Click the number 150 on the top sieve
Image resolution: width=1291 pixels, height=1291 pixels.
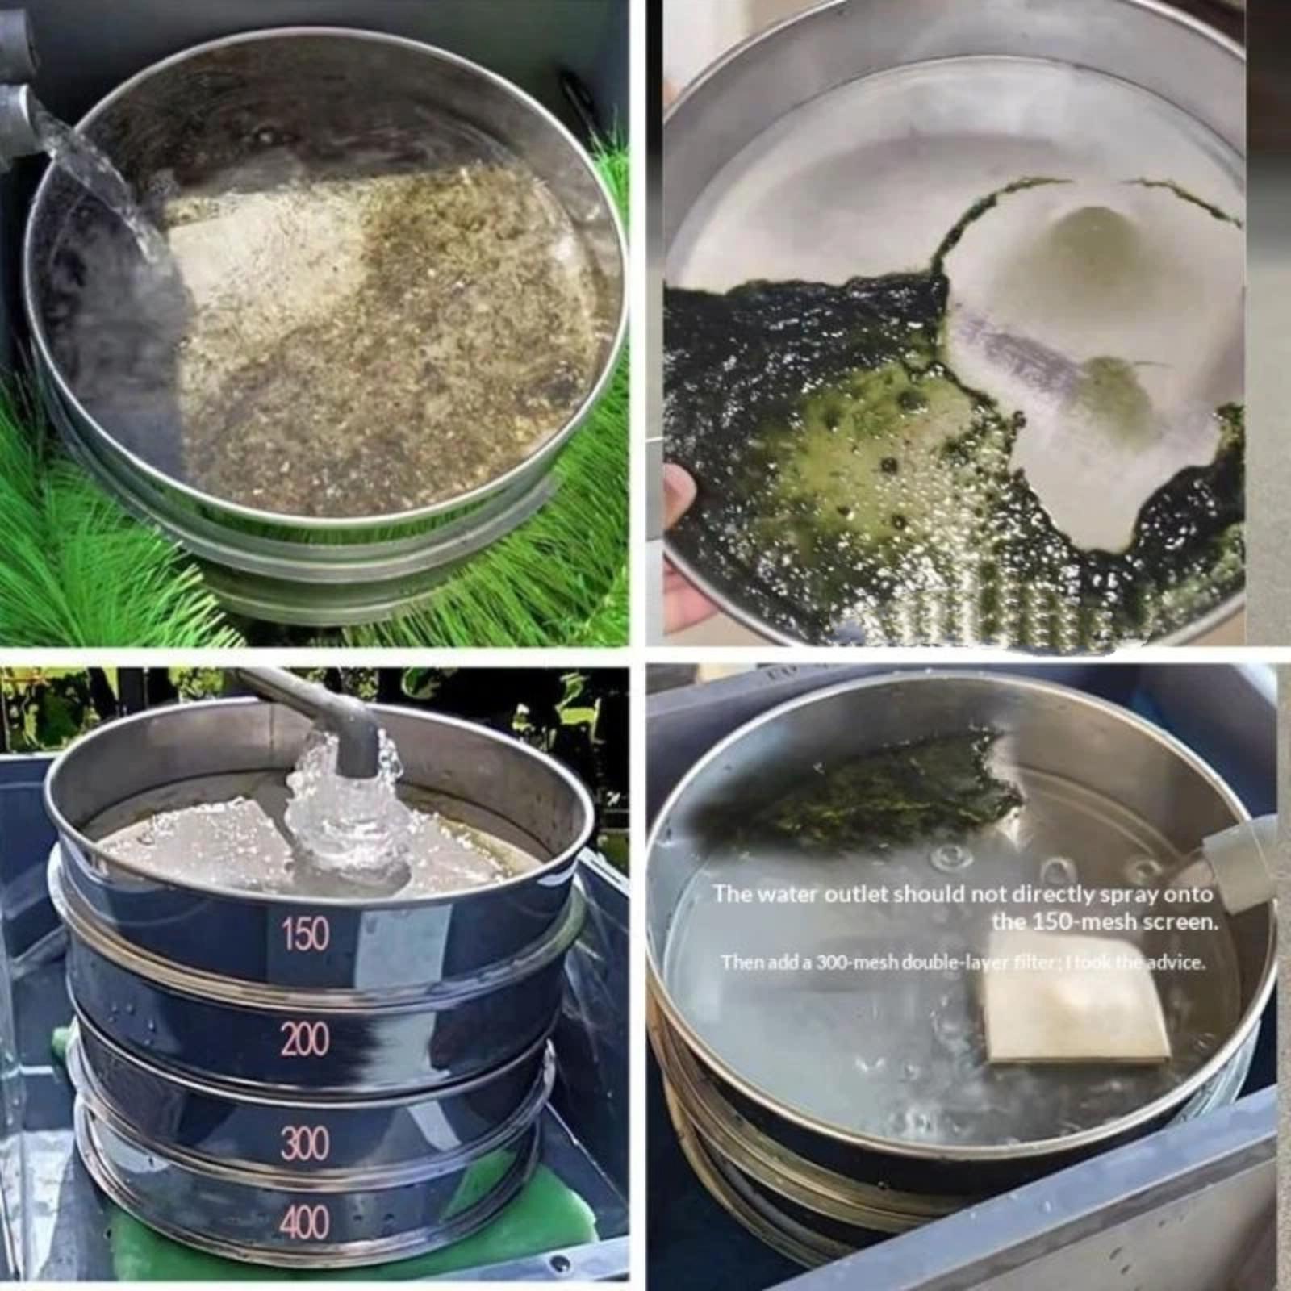pyautogui.click(x=306, y=934)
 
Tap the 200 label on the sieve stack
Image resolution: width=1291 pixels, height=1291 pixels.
pyautogui.click(x=305, y=1039)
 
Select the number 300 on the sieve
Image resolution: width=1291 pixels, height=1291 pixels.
pyautogui.click(x=305, y=1143)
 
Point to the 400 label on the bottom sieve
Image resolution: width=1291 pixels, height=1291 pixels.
pyautogui.click(x=305, y=1222)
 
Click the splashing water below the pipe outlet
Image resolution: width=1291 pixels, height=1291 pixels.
pyautogui.click(x=343, y=815)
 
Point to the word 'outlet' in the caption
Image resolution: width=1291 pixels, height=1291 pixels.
pyautogui.click(x=840, y=894)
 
